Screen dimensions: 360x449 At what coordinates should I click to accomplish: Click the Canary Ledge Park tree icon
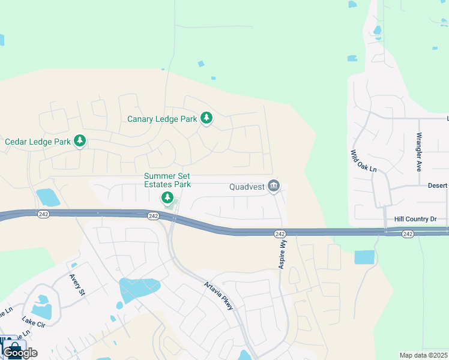(206, 118)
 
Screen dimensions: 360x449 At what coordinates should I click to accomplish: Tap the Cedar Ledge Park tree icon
(80, 142)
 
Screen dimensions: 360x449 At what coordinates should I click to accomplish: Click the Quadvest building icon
(274, 187)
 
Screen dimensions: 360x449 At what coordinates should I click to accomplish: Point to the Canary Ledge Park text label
(162, 119)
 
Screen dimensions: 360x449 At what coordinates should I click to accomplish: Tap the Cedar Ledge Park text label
(38, 142)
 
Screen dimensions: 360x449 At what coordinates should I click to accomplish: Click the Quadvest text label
(247, 187)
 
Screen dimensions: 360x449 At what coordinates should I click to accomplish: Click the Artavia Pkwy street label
(218, 296)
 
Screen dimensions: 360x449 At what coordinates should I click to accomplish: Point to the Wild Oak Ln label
(363, 161)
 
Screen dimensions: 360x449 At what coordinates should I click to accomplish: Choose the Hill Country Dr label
(416, 220)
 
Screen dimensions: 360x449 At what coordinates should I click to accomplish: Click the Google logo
(20, 352)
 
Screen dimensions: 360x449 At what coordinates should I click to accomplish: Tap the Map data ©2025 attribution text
(423, 355)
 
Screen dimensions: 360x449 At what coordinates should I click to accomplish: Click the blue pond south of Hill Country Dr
(364, 257)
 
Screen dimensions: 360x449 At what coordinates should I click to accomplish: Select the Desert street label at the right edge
(436, 185)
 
